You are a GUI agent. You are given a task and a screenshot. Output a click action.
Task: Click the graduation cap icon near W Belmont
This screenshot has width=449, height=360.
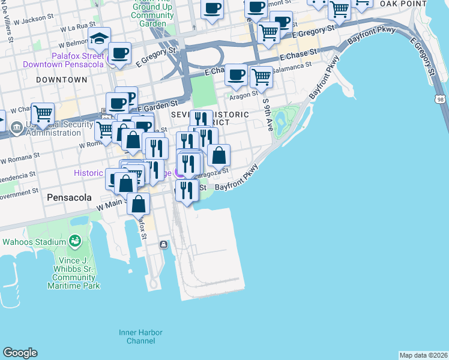(x=99, y=40)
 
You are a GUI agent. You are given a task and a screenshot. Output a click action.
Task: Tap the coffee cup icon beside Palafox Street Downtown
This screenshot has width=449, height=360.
(x=120, y=53)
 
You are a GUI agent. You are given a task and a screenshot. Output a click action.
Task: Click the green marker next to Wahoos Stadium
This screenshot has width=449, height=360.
(x=75, y=242)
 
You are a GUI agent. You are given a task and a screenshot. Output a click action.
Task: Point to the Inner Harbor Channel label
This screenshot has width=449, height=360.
(x=136, y=336)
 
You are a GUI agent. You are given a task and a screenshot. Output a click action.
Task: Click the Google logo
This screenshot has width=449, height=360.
(x=20, y=353)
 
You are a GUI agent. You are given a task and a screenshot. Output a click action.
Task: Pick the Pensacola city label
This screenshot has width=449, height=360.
(x=69, y=197)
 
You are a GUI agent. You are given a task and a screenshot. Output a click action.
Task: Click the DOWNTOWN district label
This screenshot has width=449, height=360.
(x=61, y=79)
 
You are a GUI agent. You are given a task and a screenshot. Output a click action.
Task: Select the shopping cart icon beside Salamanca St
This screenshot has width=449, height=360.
(x=261, y=77)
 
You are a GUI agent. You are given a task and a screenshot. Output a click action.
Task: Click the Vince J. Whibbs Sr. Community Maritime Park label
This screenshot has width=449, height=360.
(x=74, y=273)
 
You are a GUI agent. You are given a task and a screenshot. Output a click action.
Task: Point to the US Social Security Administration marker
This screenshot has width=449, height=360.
(x=16, y=126)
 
